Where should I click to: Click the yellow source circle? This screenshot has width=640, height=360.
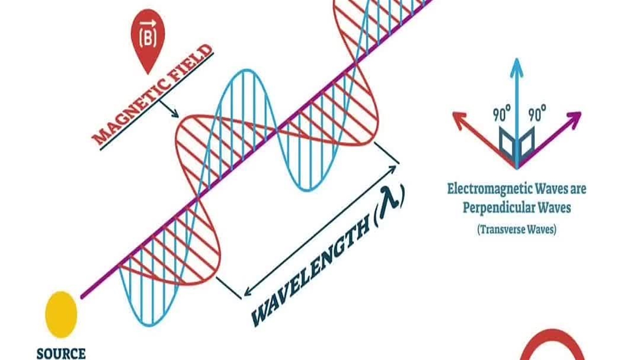pyautogui.click(x=61, y=314)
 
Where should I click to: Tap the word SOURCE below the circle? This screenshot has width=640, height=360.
pyautogui.click(x=61, y=353)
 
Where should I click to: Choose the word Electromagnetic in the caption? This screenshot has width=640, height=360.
pyautogui.click(x=490, y=189)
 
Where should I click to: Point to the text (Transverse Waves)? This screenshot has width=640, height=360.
pyautogui.click(x=516, y=229)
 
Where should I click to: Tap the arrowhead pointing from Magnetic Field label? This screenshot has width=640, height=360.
pyautogui.click(x=175, y=114)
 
